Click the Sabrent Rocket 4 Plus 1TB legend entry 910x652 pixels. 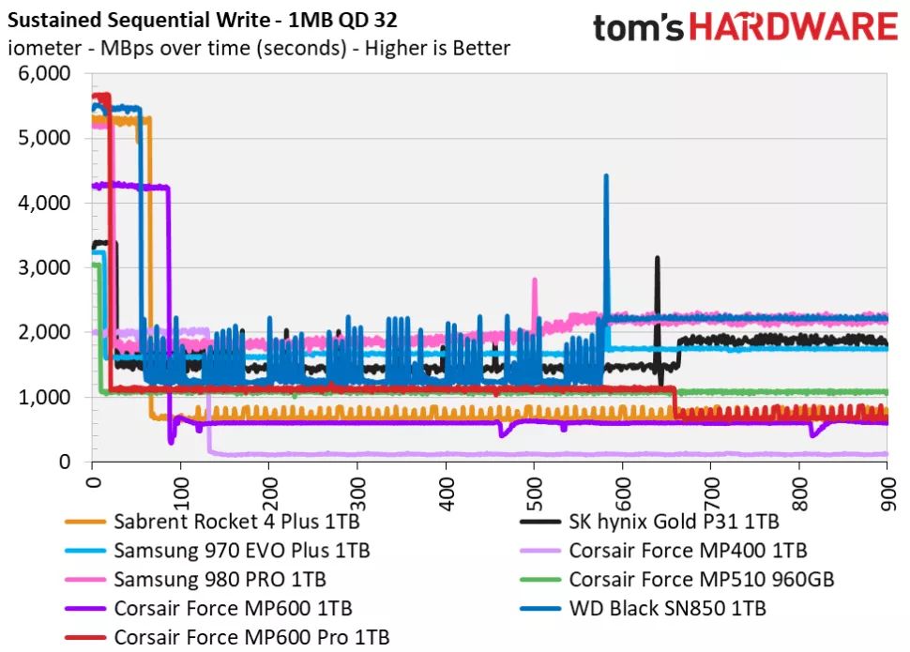point(235,521)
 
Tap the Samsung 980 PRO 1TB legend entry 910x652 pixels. point(220,579)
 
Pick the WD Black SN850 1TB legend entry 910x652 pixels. point(667,608)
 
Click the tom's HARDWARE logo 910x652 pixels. point(745,28)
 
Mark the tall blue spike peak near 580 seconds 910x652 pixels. point(606,175)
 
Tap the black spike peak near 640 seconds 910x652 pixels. point(657,257)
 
